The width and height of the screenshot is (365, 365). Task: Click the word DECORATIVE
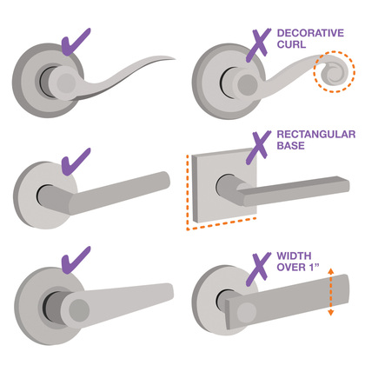[310, 33]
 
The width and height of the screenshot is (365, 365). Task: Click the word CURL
[291, 44]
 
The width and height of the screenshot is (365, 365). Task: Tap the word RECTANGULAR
[316, 134]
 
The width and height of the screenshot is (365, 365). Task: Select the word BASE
[291, 145]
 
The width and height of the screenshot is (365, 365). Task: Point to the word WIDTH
[294, 255]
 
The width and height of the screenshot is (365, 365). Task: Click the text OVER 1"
[298, 267]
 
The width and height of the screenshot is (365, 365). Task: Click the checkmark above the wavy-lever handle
[76, 42]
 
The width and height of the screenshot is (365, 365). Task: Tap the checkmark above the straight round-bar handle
[76, 162]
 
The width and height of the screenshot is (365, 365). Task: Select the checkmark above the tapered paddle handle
[76, 260]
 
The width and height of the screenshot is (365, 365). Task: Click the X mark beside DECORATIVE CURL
[258, 45]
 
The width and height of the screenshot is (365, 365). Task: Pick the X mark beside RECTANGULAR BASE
[258, 147]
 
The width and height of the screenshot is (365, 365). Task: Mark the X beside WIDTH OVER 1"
[258, 269]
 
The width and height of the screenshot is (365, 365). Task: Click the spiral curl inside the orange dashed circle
[334, 73]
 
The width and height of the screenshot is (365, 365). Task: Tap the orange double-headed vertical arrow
[331, 292]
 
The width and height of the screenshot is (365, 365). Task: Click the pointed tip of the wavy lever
[175, 59]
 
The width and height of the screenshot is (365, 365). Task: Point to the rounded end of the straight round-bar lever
[164, 180]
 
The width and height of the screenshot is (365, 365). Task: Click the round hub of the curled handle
[247, 85]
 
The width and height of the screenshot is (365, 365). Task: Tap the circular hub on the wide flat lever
[247, 313]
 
